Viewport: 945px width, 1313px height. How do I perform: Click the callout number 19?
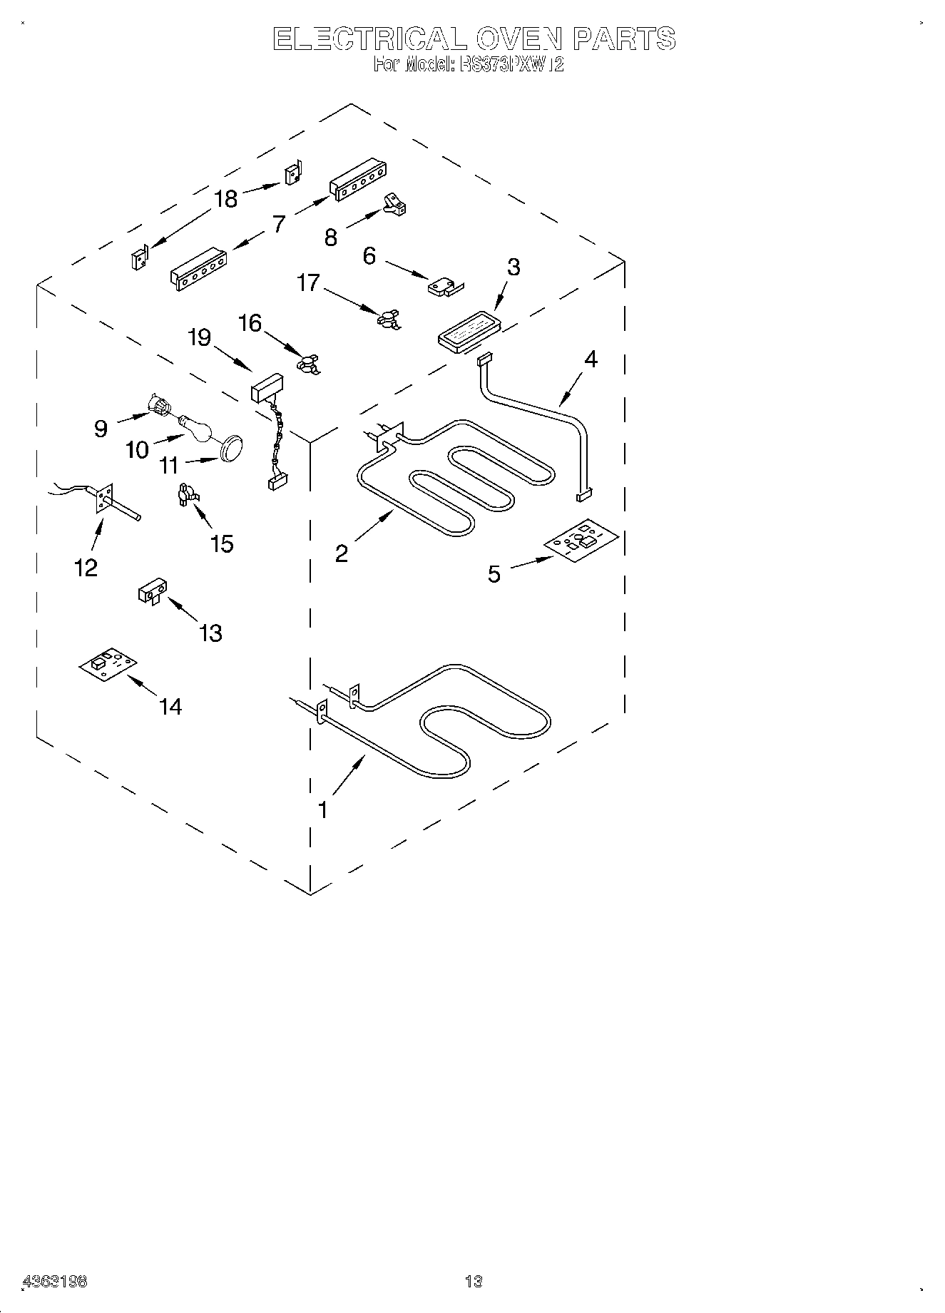coord(199,337)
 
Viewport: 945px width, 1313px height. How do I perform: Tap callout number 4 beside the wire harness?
coord(591,359)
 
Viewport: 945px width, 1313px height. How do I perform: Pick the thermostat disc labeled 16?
coord(307,362)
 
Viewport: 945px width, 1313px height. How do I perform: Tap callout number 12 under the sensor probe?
coord(86,568)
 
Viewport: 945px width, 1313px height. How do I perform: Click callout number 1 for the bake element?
coord(322,810)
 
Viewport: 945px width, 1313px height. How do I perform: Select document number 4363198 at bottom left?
coord(56,1282)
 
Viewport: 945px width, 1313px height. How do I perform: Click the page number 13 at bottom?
coord(474,1282)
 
